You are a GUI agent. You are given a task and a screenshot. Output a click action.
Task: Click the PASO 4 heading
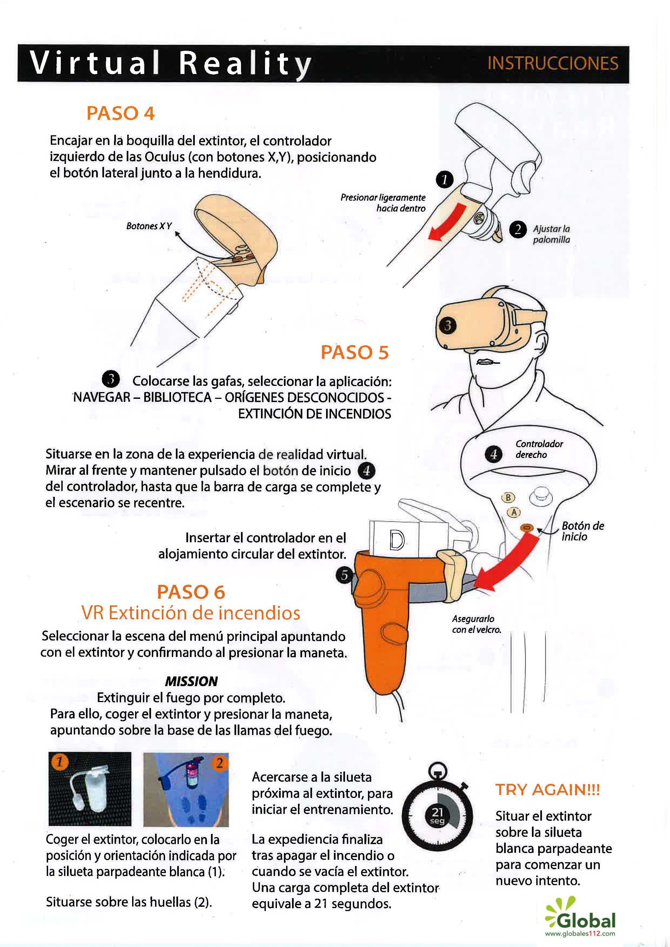[120, 113]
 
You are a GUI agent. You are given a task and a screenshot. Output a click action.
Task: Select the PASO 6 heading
[191, 592]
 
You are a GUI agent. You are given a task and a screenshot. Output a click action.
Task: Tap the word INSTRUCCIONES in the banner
[553, 63]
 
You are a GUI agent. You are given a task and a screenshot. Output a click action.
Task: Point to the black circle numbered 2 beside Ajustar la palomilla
[518, 229]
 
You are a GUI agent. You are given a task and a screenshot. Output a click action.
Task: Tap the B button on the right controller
[508, 497]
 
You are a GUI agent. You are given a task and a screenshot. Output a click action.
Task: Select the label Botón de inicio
[582, 531]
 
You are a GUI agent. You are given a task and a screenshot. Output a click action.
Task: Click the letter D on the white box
[397, 540]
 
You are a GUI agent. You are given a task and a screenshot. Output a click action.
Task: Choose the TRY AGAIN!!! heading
[547, 790]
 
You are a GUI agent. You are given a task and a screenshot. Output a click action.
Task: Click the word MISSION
[192, 681]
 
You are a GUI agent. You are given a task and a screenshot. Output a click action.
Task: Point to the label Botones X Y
[149, 226]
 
